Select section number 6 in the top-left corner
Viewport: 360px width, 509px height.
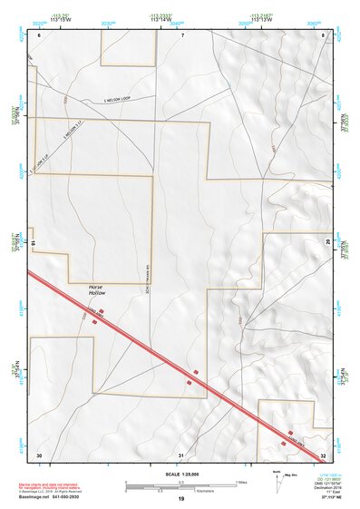tap(40, 34)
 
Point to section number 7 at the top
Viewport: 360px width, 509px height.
tap(182, 34)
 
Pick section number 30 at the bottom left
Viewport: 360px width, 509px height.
tap(39, 454)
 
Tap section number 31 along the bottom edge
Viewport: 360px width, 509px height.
tap(182, 454)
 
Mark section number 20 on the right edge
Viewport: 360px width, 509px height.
tap(327, 243)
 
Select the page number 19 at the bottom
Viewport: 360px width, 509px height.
tap(181, 499)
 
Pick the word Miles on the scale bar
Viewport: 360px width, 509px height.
tap(241, 482)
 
